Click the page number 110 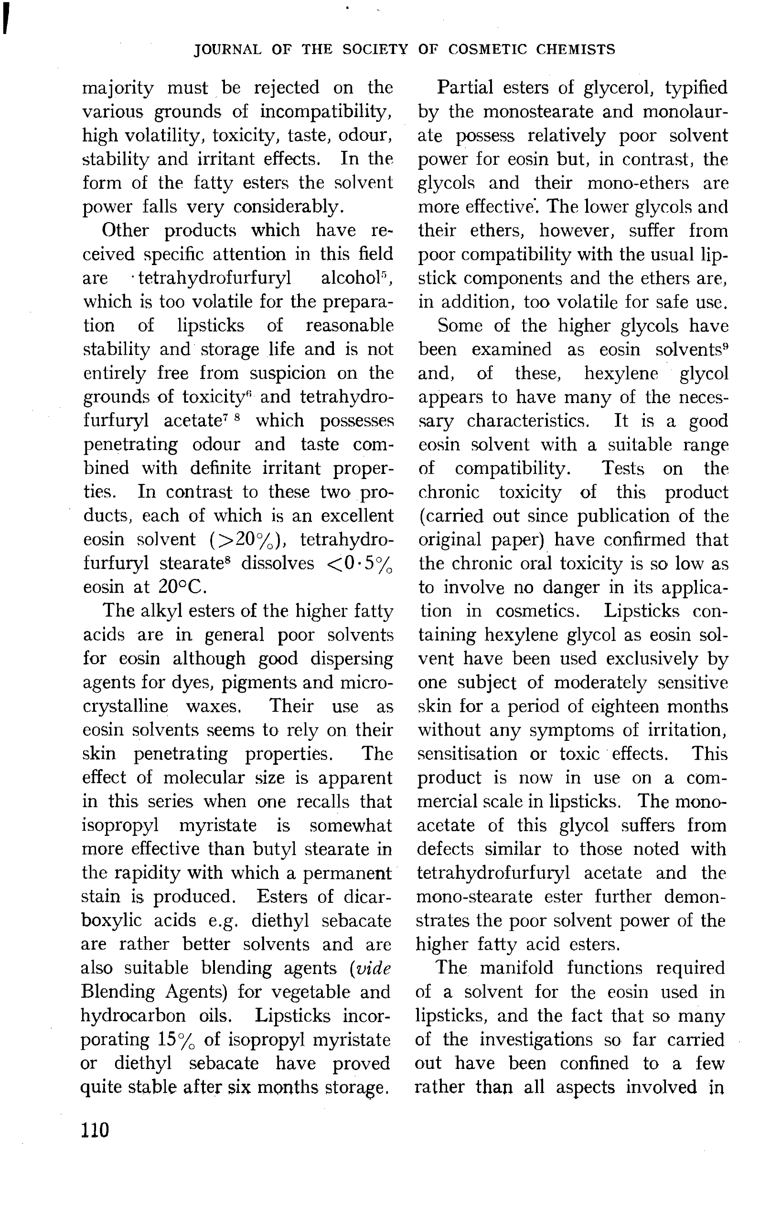point(95,1130)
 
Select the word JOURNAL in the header point(228,50)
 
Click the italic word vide point(372,968)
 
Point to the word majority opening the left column point(118,88)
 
